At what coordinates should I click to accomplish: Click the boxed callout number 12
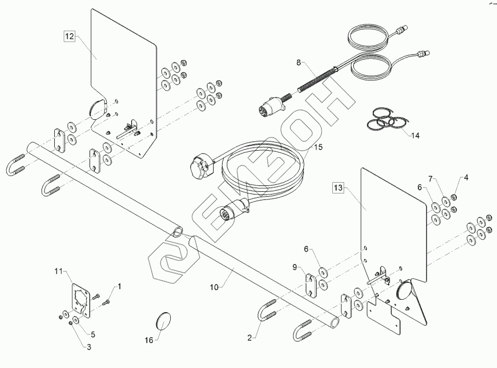(x=69, y=36)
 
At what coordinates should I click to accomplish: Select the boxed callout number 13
(x=338, y=188)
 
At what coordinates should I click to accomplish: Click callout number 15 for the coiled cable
(x=317, y=147)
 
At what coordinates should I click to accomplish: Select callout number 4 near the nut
(x=465, y=178)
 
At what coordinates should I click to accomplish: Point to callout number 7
(x=431, y=178)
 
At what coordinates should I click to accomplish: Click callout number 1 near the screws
(x=119, y=286)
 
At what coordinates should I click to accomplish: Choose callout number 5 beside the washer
(x=93, y=334)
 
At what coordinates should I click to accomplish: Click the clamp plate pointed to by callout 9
(x=311, y=285)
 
